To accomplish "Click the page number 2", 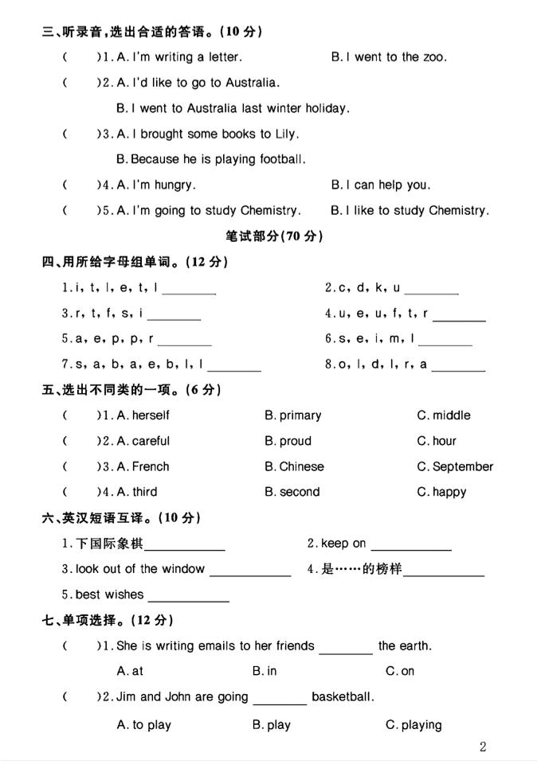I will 483,747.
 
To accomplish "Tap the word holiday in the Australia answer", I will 328,108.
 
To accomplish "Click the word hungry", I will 174,185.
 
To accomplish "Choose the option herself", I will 151,415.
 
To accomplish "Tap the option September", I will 463,466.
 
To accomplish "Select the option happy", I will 449,492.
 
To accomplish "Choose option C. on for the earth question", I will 400,671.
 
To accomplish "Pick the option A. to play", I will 144,725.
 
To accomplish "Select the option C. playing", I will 414,725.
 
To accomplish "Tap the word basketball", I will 343,697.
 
